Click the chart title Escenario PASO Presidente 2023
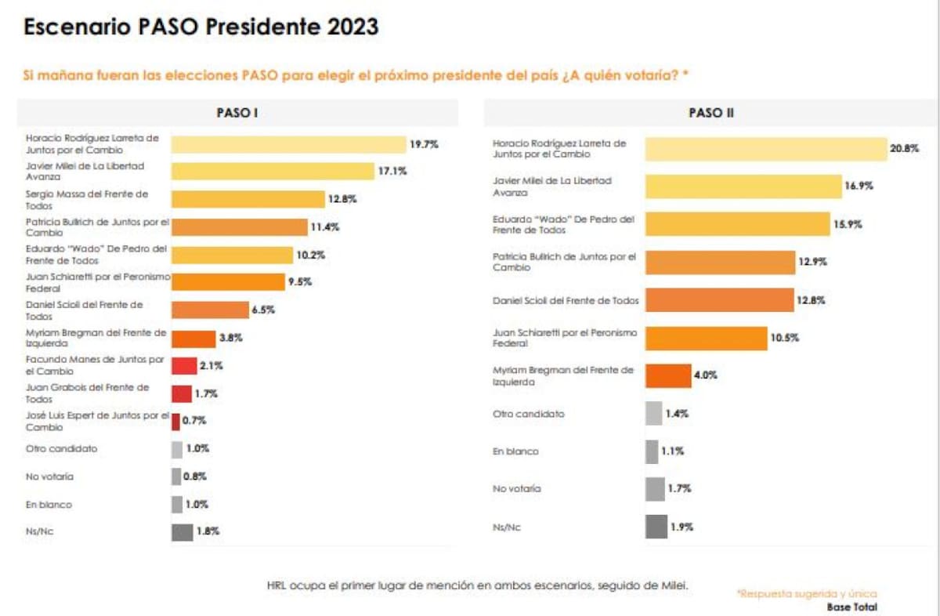(201, 27)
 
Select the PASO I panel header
(237, 113)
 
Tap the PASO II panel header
(710, 113)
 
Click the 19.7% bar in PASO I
(287, 144)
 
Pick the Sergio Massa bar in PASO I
(248, 199)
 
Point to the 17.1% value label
(392, 172)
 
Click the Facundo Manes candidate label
(95, 365)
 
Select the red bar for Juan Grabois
(181, 393)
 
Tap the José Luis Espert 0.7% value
(194, 421)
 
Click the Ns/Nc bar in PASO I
(182, 531)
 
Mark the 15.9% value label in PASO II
(847, 224)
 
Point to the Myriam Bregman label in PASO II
(563, 375)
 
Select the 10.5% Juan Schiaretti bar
(706, 338)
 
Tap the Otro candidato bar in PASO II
(653, 413)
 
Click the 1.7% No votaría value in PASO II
(679, 489)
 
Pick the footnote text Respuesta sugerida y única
(807, 593)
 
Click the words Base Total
(851, 607)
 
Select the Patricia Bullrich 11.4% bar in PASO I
(239, 227)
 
